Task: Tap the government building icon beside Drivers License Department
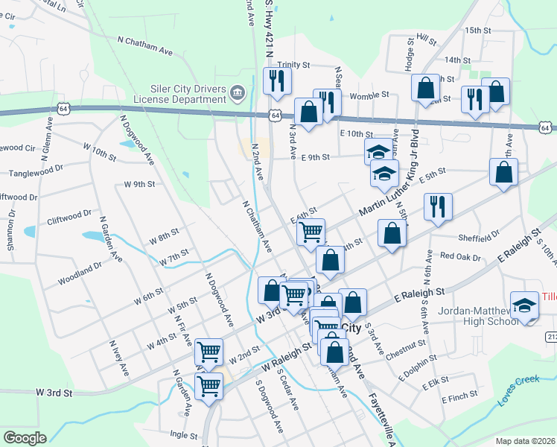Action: [237, 93]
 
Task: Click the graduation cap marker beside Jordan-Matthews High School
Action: [526, 305]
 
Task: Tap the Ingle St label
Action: [182, 433]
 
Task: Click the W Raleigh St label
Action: [286, 358]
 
